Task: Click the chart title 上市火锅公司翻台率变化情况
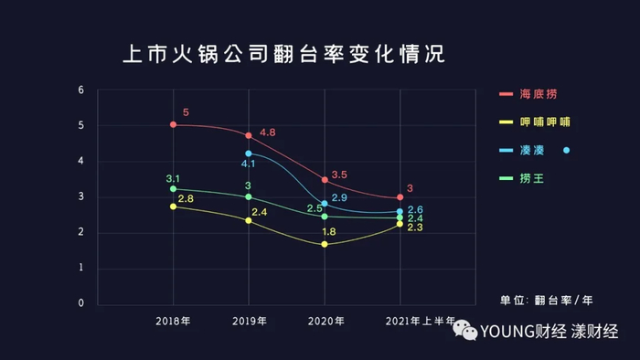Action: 283,54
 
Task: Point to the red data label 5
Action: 186,113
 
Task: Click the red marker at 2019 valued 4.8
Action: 249,135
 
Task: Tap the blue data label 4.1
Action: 248,164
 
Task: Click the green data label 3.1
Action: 173,178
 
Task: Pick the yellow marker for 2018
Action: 173,206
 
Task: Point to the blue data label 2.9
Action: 338,198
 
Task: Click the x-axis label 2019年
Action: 249,321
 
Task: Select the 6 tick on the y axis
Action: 80,90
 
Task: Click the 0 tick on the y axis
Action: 80,303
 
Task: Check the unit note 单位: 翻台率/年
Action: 545,299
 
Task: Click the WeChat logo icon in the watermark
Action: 467,333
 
